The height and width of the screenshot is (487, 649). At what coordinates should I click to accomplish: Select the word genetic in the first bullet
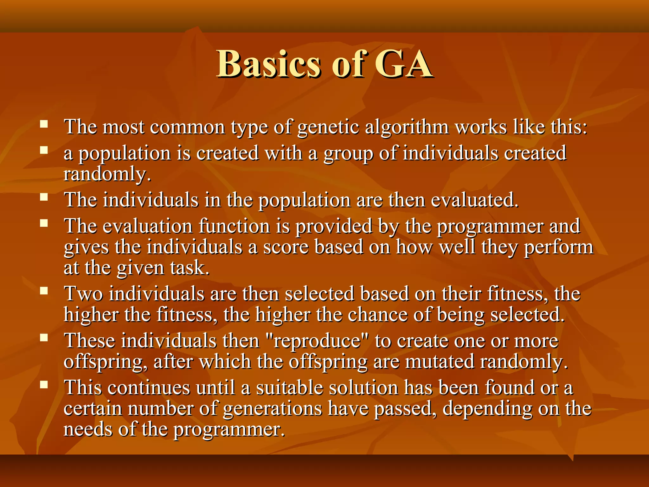(x=328, y=127)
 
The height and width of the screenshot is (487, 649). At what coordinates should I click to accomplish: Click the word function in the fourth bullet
(x=234, y=226)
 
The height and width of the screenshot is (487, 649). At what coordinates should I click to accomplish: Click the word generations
(x=273, y=409)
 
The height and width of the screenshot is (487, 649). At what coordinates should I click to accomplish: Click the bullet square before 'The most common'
(x=44, y=124)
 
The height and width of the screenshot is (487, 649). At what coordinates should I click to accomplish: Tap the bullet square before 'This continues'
(x=44, y=385)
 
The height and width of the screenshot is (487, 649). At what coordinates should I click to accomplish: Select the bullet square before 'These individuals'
(x=44, y=338)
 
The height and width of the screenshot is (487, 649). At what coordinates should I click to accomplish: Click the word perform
(x=558, y=247)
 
